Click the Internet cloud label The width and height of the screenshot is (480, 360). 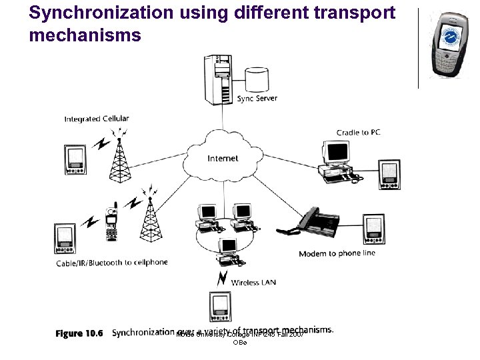(223, 159)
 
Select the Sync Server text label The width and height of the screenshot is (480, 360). (257, 99)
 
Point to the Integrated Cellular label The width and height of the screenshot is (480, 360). (97, 119)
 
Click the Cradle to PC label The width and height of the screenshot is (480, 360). (359, 133)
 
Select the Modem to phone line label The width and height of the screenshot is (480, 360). (337, 253)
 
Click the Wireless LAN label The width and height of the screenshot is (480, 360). (253, 283)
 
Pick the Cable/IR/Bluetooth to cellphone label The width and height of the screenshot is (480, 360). (111, 263)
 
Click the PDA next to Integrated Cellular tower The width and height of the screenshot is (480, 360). (75, 159)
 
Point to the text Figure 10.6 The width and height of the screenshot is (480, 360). (79, 333)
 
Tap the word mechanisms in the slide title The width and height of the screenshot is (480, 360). (85, 35)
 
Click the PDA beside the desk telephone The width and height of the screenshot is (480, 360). (373, 229)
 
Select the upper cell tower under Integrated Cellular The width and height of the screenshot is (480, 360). (121, 160)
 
